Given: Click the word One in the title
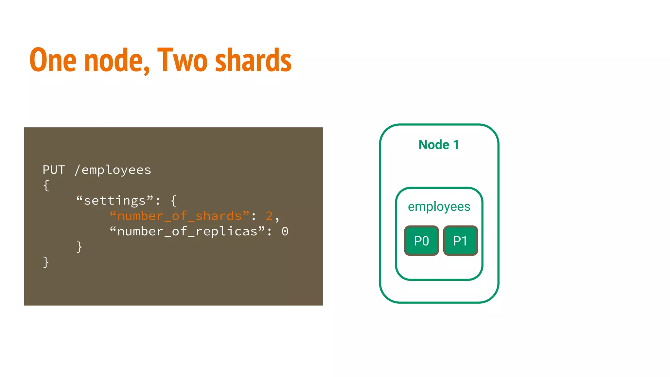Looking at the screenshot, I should point(53,60).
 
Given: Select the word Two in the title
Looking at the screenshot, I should point(182,60).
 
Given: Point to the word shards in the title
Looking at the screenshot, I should point(253,60).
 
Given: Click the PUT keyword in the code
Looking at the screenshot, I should point(54,170).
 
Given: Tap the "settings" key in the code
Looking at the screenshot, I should point(115,201).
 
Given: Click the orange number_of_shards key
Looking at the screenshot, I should point(179,216).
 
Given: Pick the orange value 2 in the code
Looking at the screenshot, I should point(269,216).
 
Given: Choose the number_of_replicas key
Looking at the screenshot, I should point(187,231).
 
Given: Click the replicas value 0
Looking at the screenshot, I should point(285,231).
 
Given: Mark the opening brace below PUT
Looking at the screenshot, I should point(46,186).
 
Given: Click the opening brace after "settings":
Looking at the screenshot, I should point(174,201).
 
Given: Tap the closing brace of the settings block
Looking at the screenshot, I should point(79,247).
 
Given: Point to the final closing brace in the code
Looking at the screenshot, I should point(46,262).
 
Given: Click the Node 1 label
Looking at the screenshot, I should point(439,145).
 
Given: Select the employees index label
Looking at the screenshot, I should point(439,206).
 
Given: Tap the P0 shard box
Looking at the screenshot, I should point(421,241).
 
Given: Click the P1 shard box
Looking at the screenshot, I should point(460,241).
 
